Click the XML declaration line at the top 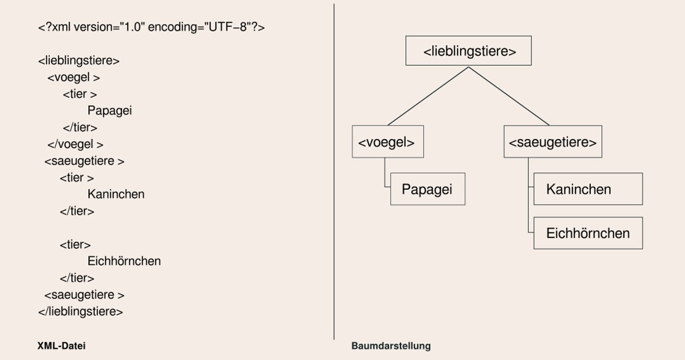[151, 27]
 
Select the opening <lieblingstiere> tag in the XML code [79, 60]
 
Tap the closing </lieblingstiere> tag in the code [80, 311]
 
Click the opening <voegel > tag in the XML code [74, 78]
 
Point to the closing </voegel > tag [75, 144]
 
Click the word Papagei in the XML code [110, 111]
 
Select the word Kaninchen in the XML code [116, 194]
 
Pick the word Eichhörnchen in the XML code [124, 261]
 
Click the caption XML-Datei [62, 346]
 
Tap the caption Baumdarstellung [391, 346]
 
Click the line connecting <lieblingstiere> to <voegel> [428, 96]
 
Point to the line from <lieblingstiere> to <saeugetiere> [509, 96]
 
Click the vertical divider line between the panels [334, 172]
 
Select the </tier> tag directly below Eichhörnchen [77, 278]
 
